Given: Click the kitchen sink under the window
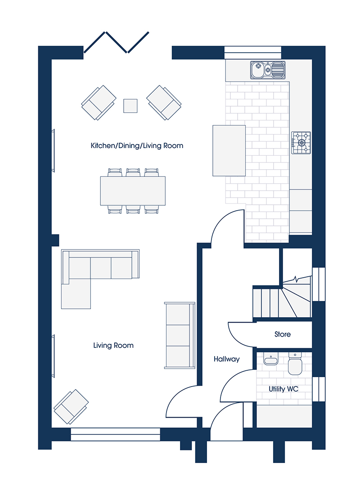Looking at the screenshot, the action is [268, 70].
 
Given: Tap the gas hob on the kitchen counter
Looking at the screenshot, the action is [301, 143].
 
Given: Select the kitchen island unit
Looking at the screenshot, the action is [229, 151].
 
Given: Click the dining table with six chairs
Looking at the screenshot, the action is [133, 191].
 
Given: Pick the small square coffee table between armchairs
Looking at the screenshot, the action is [130, 106].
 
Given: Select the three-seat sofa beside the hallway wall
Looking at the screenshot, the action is [180, 335].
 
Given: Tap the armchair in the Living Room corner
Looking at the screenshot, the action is [71, 407].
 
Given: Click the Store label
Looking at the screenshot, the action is [283, 334].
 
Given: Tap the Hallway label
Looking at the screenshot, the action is [227, 359].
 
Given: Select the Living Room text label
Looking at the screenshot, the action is [113, 345].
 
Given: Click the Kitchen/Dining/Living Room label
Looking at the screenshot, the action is [137, 146].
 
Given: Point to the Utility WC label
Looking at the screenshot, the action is [283, 389].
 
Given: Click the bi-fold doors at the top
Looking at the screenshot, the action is [117, 42].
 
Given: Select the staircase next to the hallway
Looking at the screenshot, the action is [282, 297].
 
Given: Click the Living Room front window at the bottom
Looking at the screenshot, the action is [115, 434].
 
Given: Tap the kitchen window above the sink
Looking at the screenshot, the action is [253, 52].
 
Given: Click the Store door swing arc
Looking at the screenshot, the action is [242, 335].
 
